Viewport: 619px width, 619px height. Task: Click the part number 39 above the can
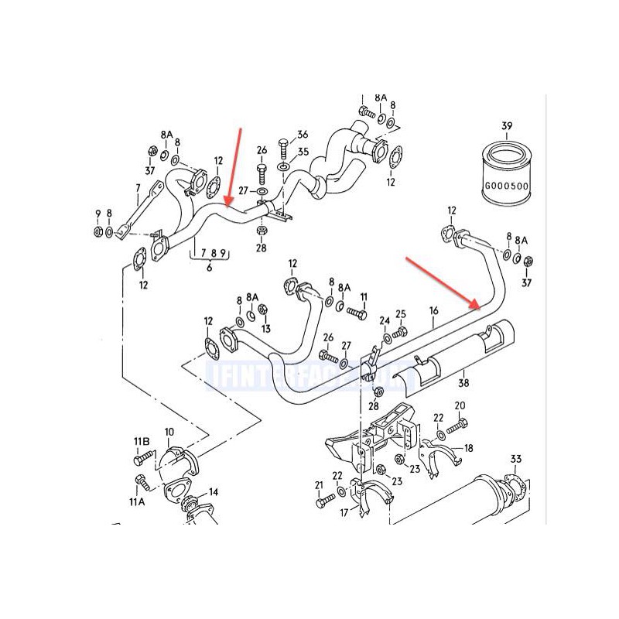pyautogui.click(x=507, y=126)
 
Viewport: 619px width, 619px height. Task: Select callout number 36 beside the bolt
pyautogui.click(x=303, y=135)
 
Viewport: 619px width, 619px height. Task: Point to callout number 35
pyautogui.click(x=303, y=152)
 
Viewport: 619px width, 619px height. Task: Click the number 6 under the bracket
pyautogui.click(x=208, y=268)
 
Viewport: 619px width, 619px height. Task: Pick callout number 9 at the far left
pyautogui.click(x=97, y=214)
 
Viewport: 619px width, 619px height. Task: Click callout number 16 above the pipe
pyautogui.click(x=434, y=310)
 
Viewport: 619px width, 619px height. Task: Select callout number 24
pyautogui.click(x=385, y=320)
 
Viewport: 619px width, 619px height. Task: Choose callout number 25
pyautogui.click(x=401, y=313)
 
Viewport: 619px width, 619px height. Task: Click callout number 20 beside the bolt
pyautogui.click(x=460, y=405)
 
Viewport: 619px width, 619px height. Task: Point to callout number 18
pyautogui.click(x=468, y=448)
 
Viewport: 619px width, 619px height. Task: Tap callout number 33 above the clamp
pyautogui.click(x=516, y=459)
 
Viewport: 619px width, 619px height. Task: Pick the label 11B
pyautogui.click(x=142, y=442)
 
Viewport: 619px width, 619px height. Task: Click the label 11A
pyautogui.click(x=138, y=501)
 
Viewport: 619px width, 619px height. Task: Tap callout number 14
pyautogui.click(x=213, y=491)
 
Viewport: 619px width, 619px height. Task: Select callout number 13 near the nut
pyautogui.click(x=265, y=327)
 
